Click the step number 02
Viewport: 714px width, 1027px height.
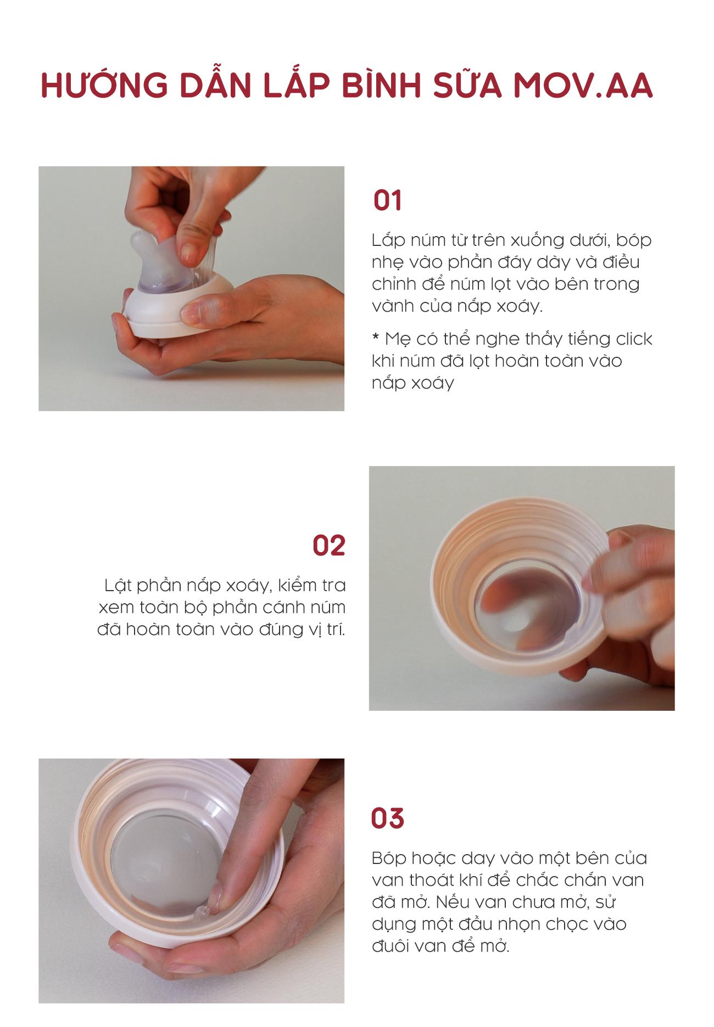[x=329, y=546]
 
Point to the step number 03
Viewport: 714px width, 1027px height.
[x=387, y=818]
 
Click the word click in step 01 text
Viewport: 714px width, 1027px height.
[x=634, y=339]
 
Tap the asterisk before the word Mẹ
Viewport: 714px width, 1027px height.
[x=376, y=336]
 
